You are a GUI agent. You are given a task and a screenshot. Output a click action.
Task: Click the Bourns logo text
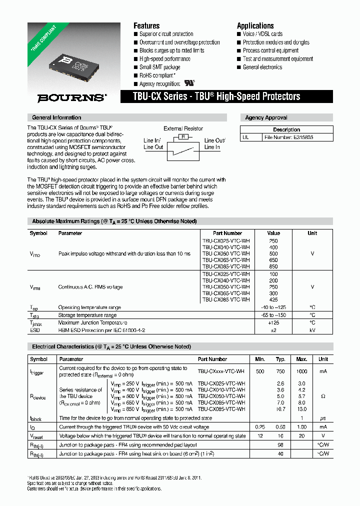point(71,98)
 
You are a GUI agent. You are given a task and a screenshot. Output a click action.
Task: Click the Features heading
point(146,25)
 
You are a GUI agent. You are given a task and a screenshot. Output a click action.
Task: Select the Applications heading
point(255,25)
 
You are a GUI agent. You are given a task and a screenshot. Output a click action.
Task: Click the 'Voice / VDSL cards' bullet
point(262,34)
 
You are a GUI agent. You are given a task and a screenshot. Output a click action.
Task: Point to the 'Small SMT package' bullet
point(159,67)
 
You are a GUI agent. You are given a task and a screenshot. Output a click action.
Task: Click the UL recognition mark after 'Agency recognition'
point(189,83)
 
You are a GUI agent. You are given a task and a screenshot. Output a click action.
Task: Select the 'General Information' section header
point(56,117)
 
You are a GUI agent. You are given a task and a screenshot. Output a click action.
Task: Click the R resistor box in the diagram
point(183,136)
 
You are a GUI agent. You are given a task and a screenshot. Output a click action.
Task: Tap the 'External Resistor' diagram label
point(183,128)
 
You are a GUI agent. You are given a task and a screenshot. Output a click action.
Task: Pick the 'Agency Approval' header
point(266,117)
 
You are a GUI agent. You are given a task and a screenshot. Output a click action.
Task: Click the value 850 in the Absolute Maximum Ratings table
point(273,266)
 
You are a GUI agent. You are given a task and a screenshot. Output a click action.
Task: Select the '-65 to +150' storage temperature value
point(273,315)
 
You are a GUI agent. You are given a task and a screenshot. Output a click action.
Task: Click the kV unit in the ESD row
point(312,330)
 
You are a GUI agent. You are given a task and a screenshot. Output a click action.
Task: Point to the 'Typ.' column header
point(280,359)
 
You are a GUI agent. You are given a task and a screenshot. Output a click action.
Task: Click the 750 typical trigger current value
point(280,371)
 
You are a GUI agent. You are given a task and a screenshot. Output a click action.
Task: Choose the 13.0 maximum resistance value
point(301,409)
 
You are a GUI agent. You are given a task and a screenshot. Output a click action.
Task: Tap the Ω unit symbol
point(323,396)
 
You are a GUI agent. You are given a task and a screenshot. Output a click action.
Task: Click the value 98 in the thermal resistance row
point(280,444)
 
